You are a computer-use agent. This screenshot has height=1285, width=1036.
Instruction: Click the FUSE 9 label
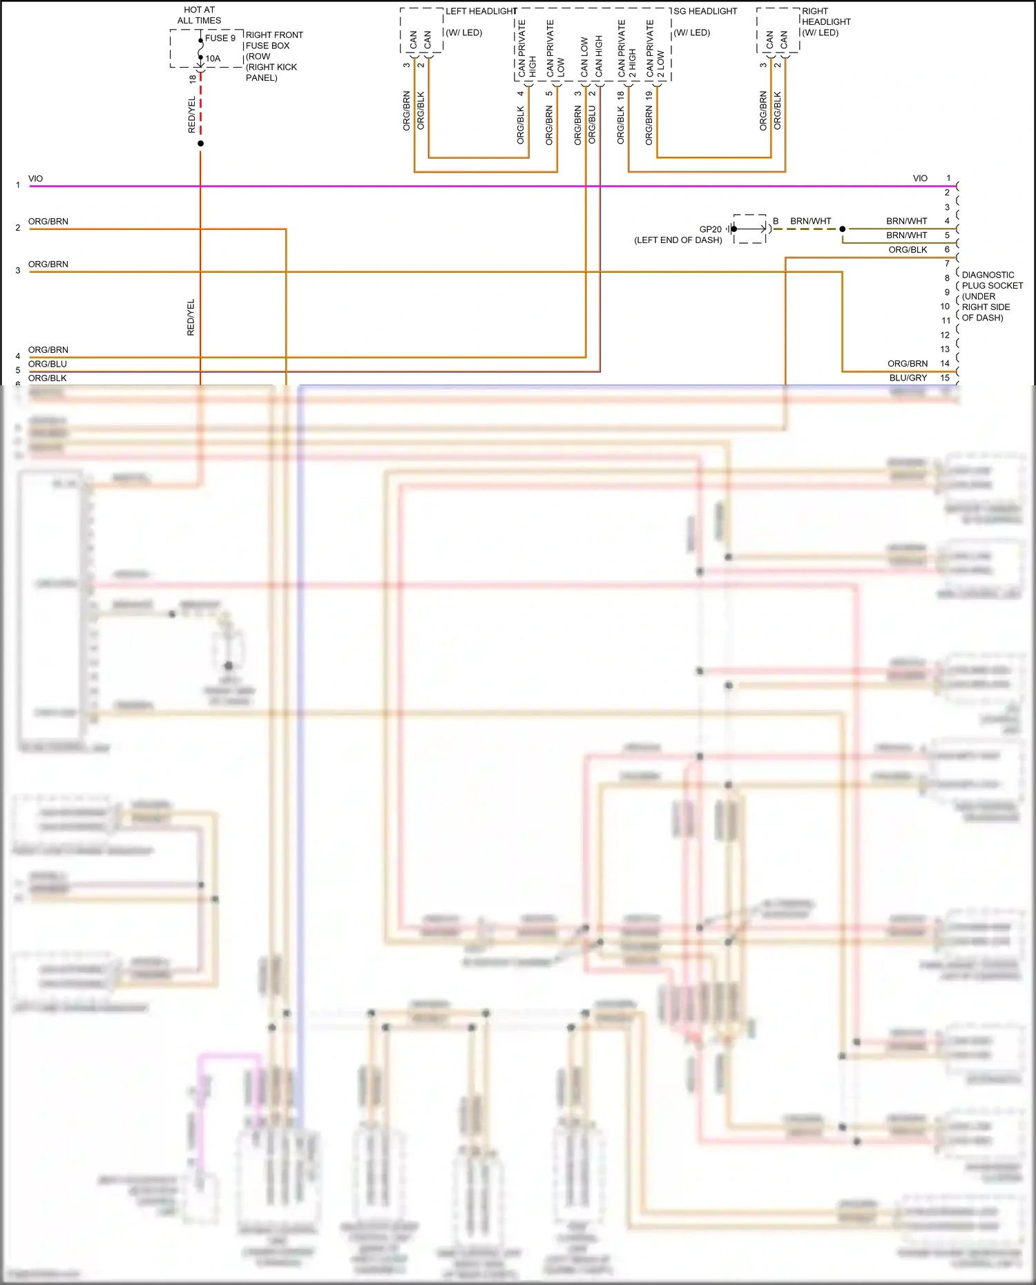[220, 38]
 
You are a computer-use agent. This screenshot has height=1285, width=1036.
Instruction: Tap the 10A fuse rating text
[213, 59]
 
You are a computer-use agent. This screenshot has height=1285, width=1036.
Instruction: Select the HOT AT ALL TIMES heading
[199, 15]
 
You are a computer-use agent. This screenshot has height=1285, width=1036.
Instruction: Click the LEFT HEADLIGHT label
[481, 11]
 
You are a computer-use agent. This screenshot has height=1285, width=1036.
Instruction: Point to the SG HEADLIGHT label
[705, 11]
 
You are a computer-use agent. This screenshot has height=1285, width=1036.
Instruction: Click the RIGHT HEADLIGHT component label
[826, 21]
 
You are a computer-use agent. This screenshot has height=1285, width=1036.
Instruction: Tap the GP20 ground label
[710, 229]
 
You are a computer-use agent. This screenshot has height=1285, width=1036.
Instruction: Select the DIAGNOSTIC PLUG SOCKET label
[992, 296]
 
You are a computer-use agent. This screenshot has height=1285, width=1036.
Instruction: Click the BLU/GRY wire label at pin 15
[908, 378]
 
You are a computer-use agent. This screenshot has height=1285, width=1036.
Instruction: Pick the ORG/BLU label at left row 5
[48, 364]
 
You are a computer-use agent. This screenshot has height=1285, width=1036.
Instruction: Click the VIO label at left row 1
[35, 179]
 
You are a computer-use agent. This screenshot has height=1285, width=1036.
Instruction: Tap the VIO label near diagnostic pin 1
[920, 178]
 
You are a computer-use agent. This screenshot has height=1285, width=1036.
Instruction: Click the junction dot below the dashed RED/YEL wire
[201, 144]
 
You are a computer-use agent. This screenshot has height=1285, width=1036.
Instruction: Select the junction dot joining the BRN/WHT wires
[843, 229]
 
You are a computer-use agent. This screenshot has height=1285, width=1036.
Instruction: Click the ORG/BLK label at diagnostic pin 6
[908, 250]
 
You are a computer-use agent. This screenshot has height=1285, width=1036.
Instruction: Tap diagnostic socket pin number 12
[945, 335]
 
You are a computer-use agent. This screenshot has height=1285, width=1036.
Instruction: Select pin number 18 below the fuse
[193, 79]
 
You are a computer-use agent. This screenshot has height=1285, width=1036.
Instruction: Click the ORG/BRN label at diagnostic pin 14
[908, 363]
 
